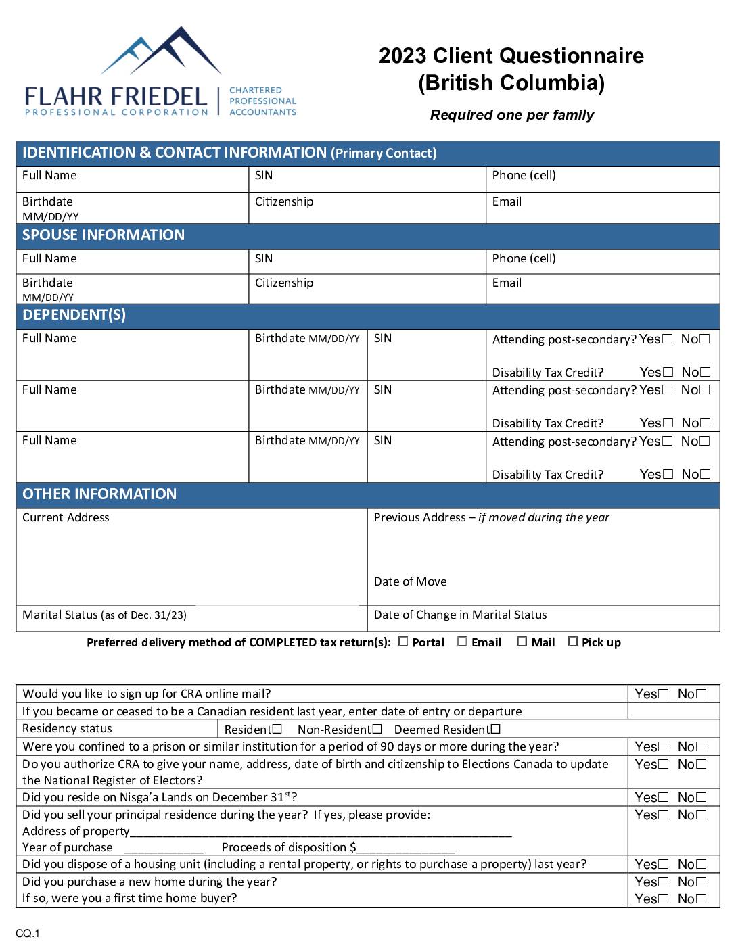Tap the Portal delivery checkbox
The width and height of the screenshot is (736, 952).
pyautogui.click(x=403, y=642)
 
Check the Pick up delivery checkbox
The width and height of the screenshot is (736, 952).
pyautogui.click(x=573, y=642)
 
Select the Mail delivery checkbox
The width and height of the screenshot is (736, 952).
pyautogui.click(x=522, y=642)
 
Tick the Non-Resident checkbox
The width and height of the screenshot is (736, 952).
pyautogui.click(x=377, y=729)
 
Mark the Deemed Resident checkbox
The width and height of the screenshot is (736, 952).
pyautogui.click(x=496, y=729)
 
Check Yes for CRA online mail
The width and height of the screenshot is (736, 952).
pyautogui.click(x=664, y=694)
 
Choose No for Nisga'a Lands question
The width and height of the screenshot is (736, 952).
pyautogui.click(x=701, y=798)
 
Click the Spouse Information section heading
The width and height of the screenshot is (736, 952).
pyautogui.click(x=103, y=235)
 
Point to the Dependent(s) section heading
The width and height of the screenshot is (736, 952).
pyautogui.click(x=74, y=315)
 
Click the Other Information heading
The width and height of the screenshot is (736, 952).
pyautogui.click(x=99, y=494)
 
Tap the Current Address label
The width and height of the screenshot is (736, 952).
pyautogui.click(x=66, y=518)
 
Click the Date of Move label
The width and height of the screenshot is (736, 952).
pyautogui.click(x=410, y=582)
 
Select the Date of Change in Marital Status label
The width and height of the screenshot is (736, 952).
pyautogui.click(x=460, y=615)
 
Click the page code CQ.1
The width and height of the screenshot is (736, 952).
pyautogui.click(x=28, y=934)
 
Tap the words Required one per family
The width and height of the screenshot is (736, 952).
pyautogui.click(x=512, y=116)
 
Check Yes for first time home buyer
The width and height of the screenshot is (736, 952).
pyautogui.click(x=664, y=899)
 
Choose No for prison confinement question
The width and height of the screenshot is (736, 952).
pyautogui.click(x=701, y=747)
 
